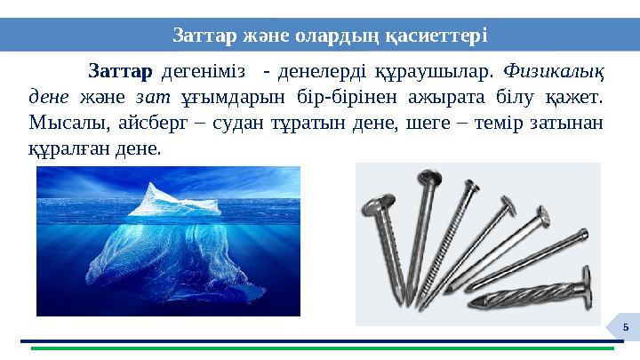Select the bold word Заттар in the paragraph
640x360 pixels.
coord(120,70)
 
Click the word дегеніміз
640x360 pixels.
coord(199,70)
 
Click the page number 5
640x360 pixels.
coord(625,327)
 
